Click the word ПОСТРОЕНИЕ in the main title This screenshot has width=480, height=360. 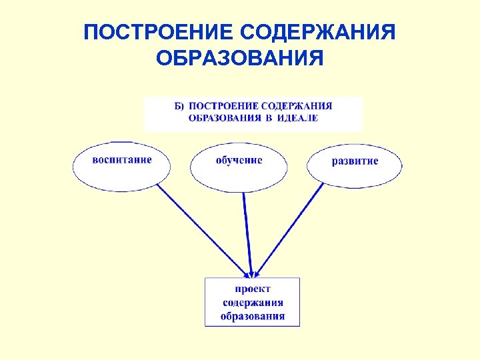(x=157, y=32)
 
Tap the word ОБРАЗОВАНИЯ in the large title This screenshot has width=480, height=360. (x=239, y=59)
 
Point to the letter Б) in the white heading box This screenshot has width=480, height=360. (x=178, y=106)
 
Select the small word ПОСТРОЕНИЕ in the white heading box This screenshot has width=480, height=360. (x=224, y=106)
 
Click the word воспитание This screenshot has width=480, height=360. (x=122, y=160)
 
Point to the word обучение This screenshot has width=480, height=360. (x=239, y=160)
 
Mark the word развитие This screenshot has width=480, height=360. (x=355, y=161)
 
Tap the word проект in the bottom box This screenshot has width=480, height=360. (x=252, y=289)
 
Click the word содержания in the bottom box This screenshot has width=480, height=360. (x=253, y=303)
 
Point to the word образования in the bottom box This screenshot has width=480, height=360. (x=253, y=316)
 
